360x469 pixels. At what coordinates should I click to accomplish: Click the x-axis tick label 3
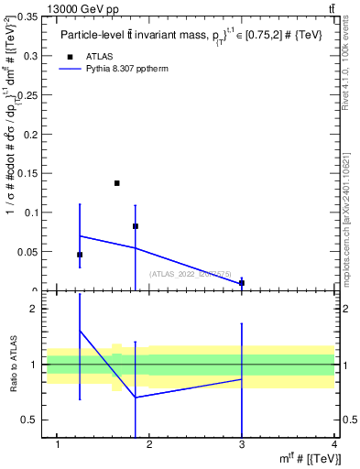click(x=242, y=444)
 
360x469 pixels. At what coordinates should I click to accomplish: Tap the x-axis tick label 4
click(x=333, y=444)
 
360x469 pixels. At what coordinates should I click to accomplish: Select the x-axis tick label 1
click(x=59, y=444)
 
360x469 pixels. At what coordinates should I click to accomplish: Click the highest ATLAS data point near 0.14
click(x=117, y=183)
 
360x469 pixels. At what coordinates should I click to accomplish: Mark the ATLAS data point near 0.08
click(x=136, y=226)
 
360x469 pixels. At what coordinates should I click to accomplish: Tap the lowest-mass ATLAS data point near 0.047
click(x=80, y=255)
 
